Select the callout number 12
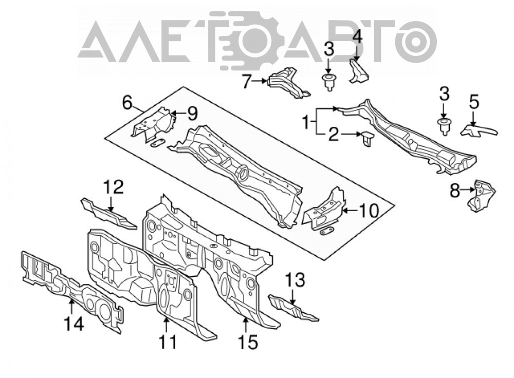(113, 187)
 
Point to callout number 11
(168, 342)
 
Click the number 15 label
(248, 342)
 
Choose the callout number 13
(295, 280)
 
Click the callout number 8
(455, 191)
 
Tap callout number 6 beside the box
(127, 103)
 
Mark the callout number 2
(334, 134)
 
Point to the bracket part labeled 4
(359, 71)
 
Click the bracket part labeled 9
(153, 122)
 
